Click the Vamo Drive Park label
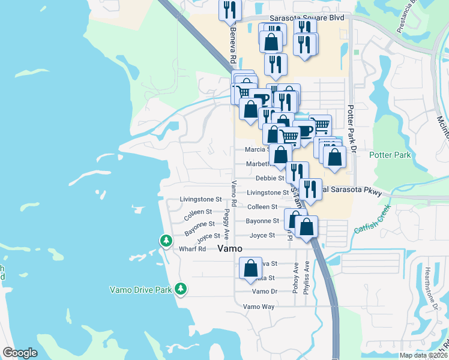coord(141,290)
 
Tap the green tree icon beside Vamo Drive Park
coord(181,289)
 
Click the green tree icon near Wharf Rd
coord(166,241)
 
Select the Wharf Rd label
coord(193,248)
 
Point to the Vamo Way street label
coord(259,306)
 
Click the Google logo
coord(20,353)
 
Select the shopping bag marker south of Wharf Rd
coord(250,268)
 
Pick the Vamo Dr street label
coord(264,291)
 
